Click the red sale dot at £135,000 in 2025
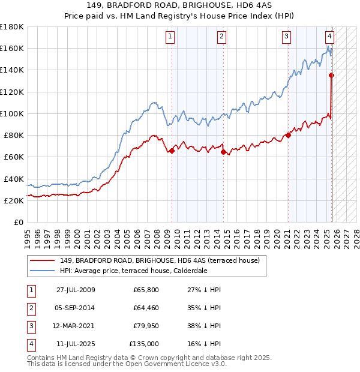tap(332, 75)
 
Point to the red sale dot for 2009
tap(172, 151)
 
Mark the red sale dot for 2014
tap(223, 152)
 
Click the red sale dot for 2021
tap(288, 135)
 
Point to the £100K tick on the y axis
tap(12, 113)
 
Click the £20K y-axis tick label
tap(14, 200)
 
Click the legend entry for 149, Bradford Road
tap(159, 260)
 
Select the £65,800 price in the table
tap(146, 290)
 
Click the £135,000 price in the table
tap(144, 344)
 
